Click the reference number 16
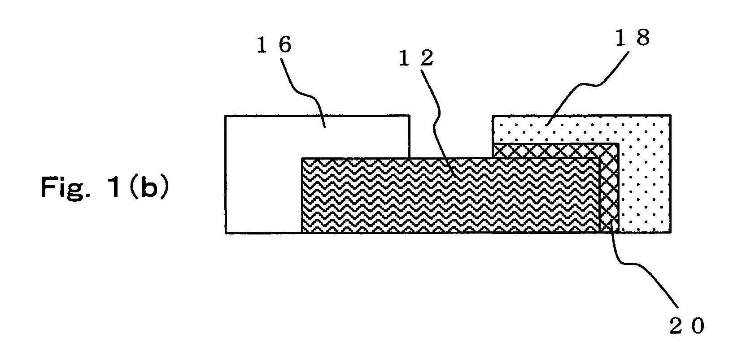(274, 45)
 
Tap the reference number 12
(416, 58)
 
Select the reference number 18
(633, 37)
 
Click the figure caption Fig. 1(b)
(105, 187)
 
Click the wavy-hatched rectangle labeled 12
(451, 195)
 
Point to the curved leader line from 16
(304, 93)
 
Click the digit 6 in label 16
(285, 45)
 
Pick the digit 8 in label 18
(643, 37)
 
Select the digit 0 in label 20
(698, 326)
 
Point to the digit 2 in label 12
(427, 58)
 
